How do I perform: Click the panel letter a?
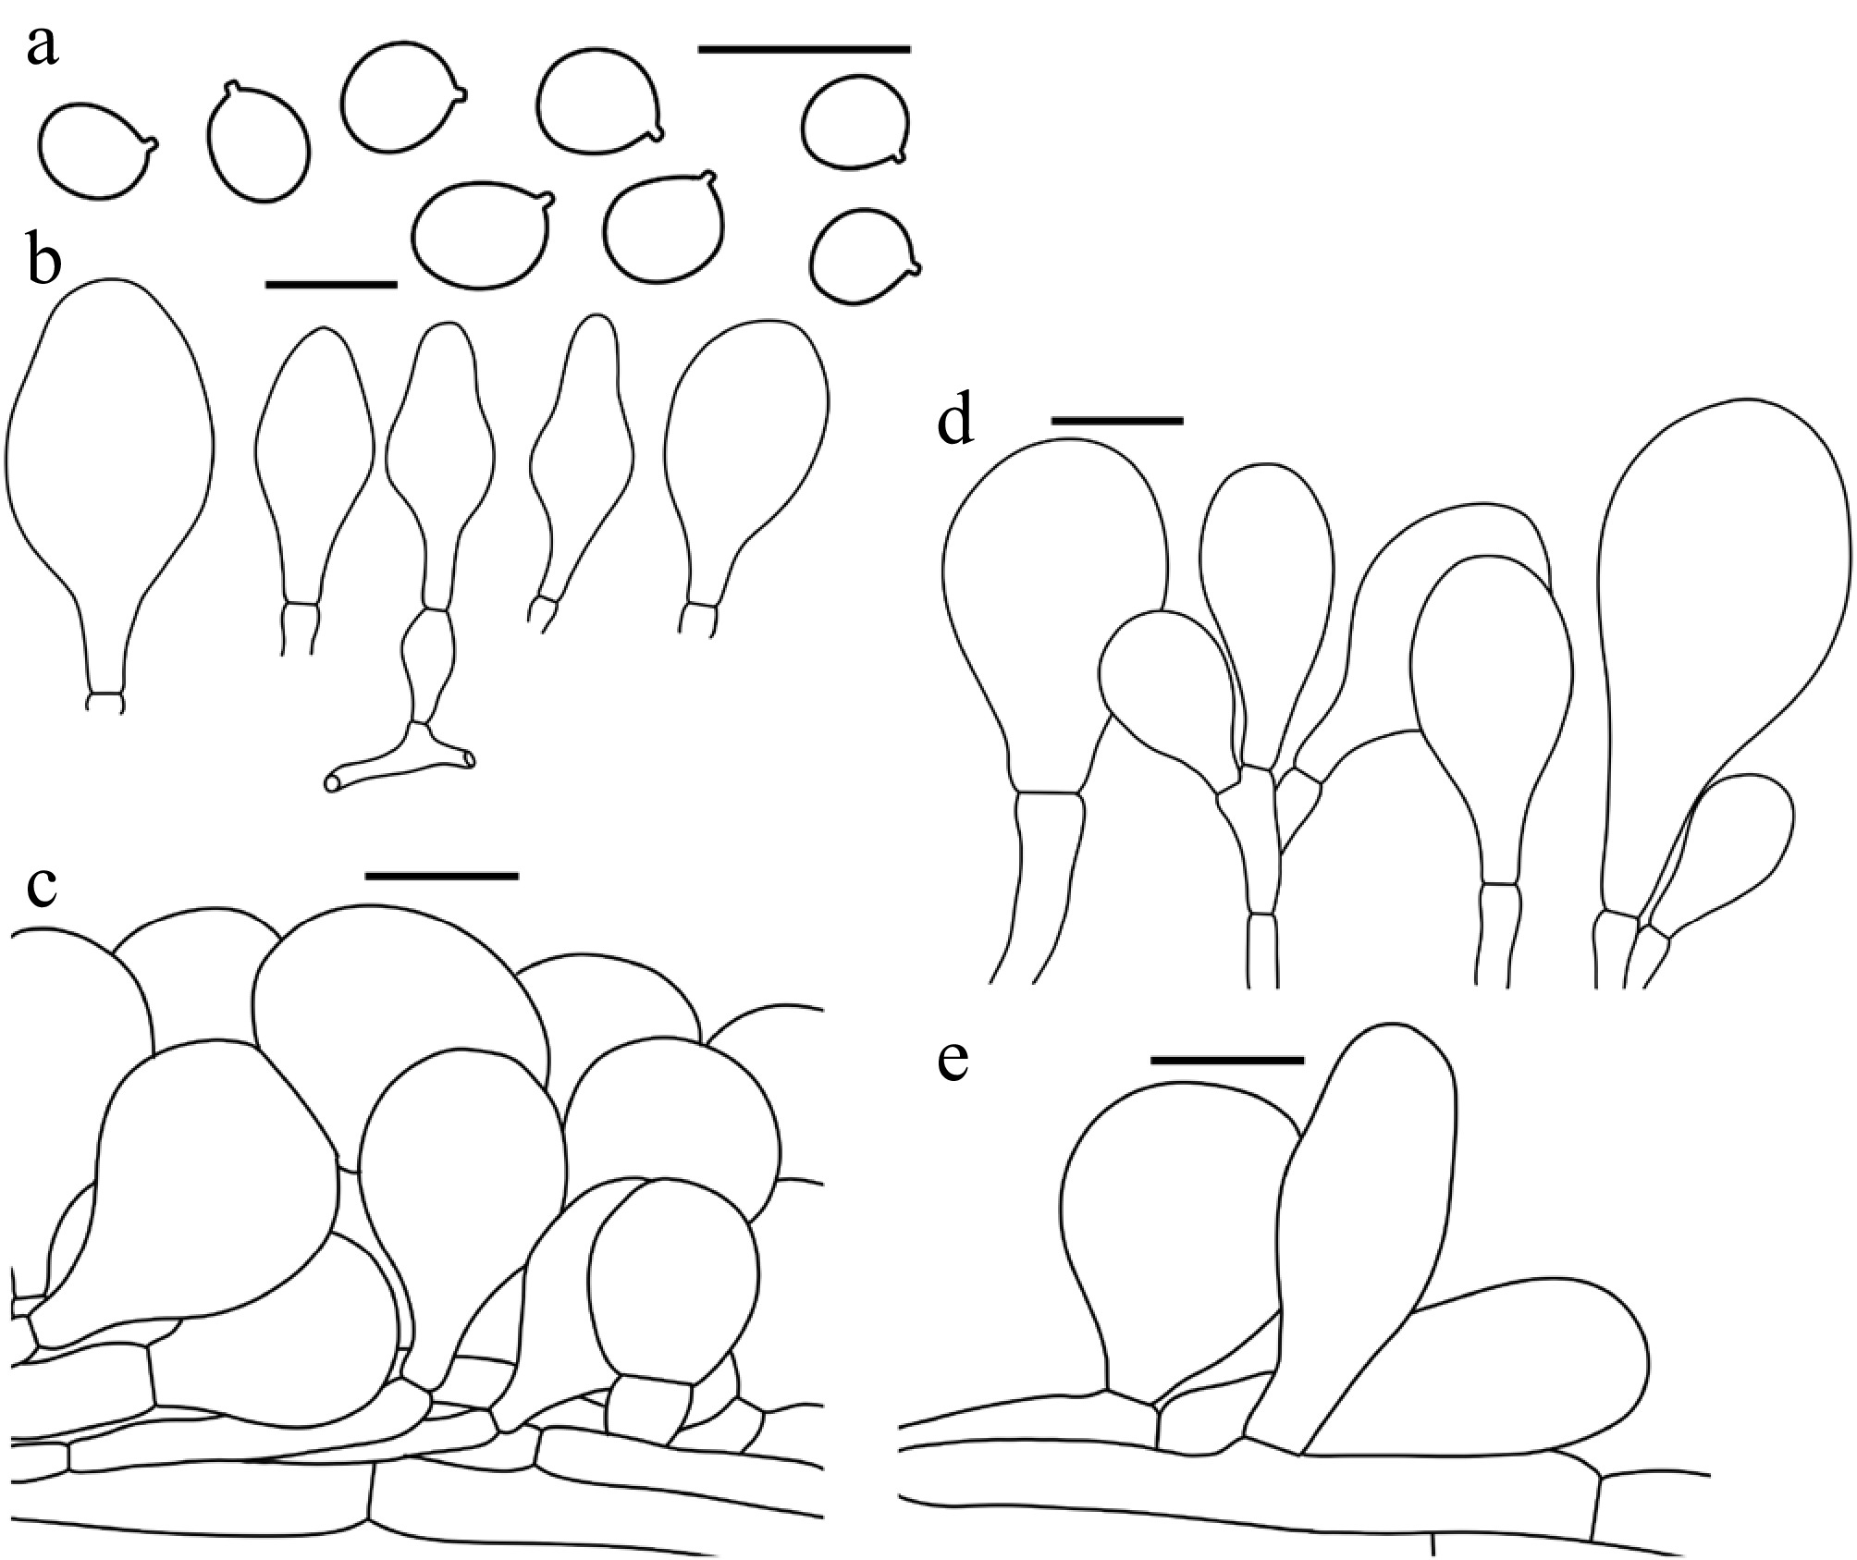coord(42,46)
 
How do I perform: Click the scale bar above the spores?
coord(805,48)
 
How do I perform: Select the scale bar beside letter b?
coord(331,284)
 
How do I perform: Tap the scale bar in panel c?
coord(442,874)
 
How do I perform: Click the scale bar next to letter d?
coord(1117,420)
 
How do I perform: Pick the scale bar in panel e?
coord(1227,1059)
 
